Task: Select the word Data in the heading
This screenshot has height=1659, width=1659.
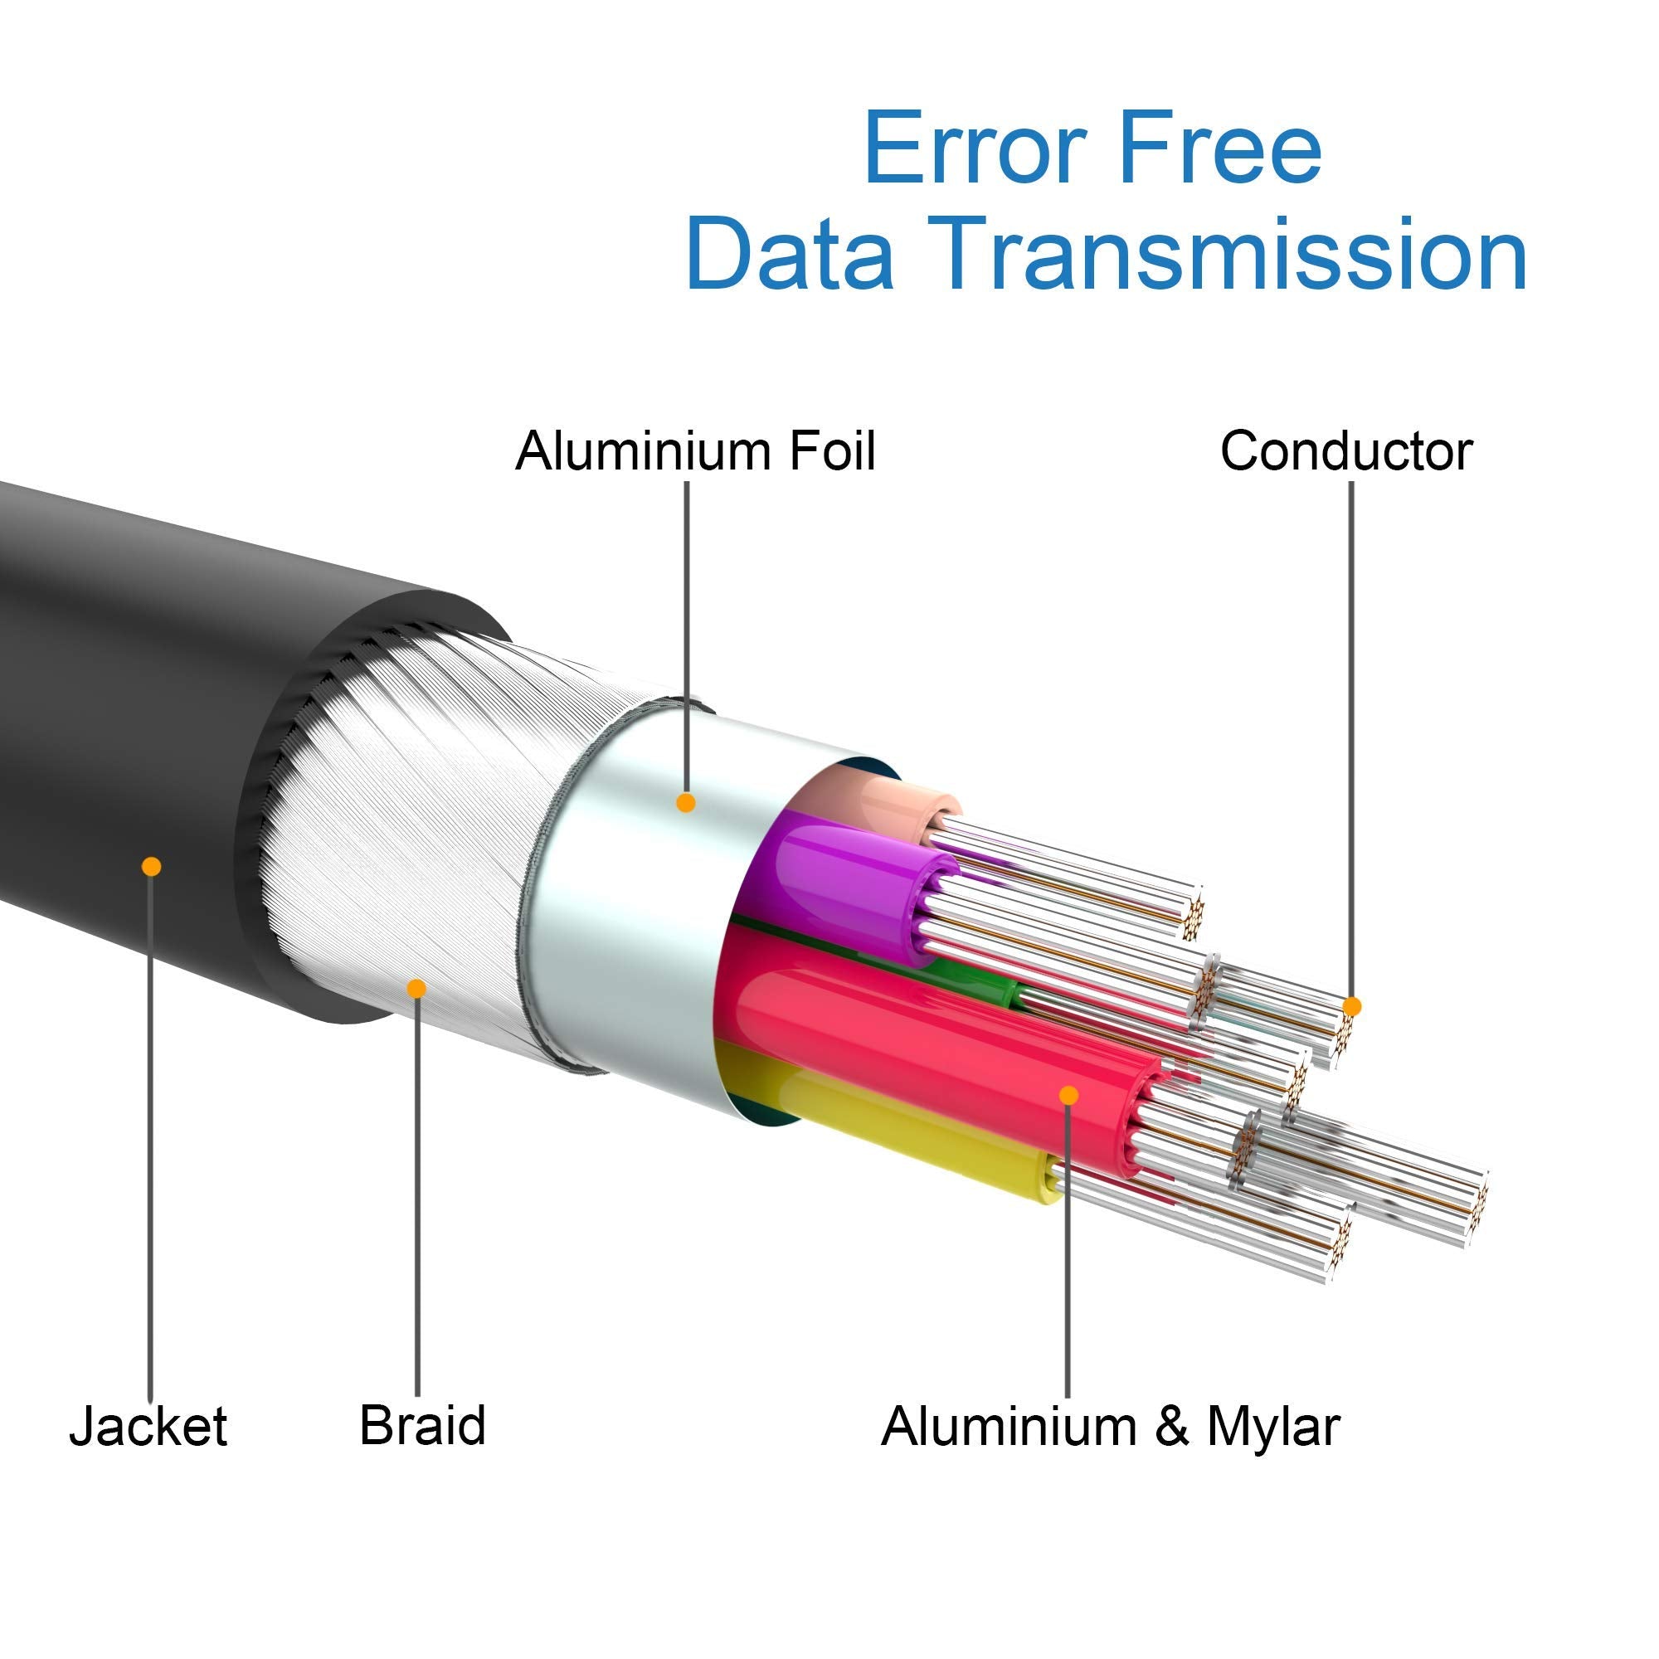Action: coord(790,254)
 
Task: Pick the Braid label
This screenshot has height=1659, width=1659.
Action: coord(422,1424)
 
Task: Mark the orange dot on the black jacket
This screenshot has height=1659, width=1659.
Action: coord(151,865)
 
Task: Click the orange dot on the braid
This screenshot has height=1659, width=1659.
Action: coord(416,989)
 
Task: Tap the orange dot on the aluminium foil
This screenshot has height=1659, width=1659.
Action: coord(685,803)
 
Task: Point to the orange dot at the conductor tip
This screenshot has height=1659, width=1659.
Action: coord(1351,1005)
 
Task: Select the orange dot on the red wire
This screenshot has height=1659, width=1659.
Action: coord(1069,1095)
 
